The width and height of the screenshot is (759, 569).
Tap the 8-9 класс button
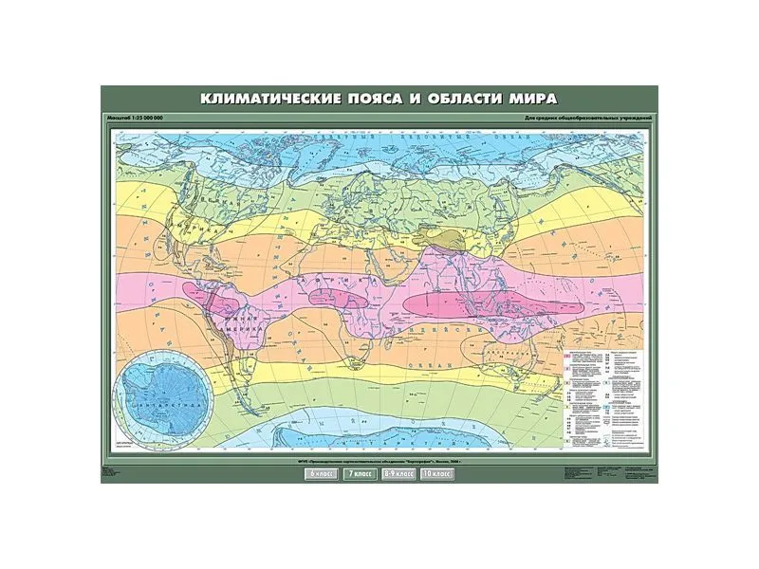click(x=398, y=471)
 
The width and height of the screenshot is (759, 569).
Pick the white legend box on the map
click(x=603, y=398)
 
